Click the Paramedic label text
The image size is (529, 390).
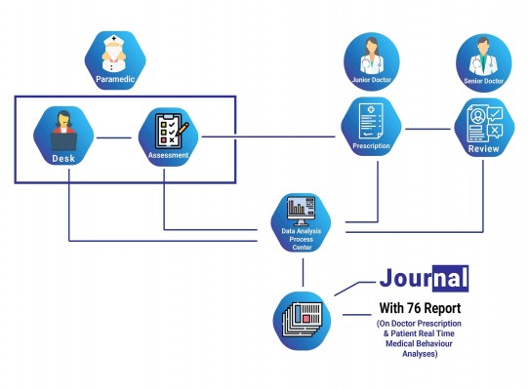(x=115, y=79)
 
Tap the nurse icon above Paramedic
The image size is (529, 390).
(x=113, y=54)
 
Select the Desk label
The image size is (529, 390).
(x=63, y=158)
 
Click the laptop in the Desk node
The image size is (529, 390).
(x=64, y=141)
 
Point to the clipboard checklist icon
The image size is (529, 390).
(x=172, y=131)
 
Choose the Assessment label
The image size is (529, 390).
(x=168, y=155)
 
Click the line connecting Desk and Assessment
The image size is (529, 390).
(x=113, y=137)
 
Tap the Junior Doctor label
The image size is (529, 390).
(x=372, y=80)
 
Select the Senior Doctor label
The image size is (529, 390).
(x=483, y=81)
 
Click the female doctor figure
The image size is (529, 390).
(x=372, y=56)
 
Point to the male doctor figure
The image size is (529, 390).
(x=483, y=57)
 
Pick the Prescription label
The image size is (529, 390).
(x=371, y=146)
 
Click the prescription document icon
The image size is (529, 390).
(x=371, y=121)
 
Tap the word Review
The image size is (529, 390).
(x=483, y=148)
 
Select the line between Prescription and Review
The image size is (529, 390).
(x=427, y=129)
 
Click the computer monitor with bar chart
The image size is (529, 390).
(x=301, y=211)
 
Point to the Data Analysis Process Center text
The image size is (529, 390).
(x=302, y=239)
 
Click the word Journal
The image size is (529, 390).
(x=424, y=279)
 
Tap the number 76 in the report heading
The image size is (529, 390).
(x=413, y=308)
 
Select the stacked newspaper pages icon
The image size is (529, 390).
(x=303, y=319)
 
